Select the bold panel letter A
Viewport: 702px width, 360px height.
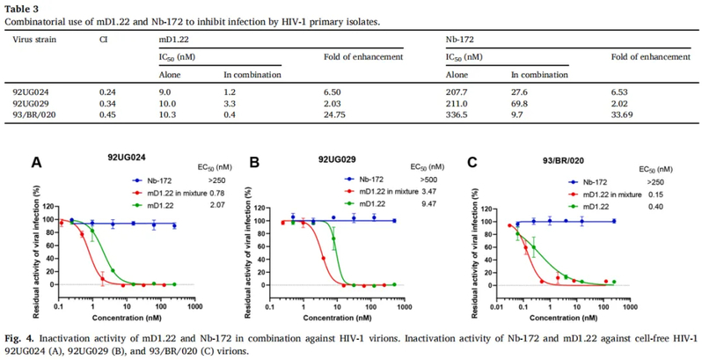pos(36,163)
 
